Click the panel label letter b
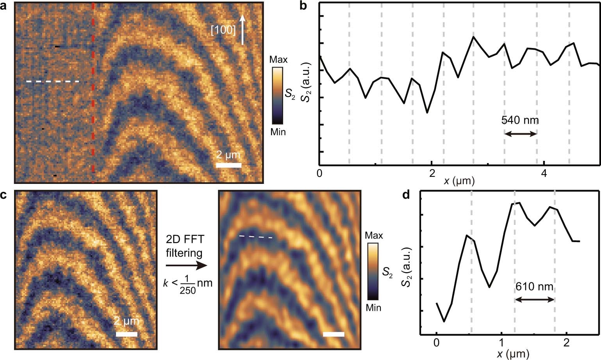coord(305,6)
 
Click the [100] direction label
coord(223,30)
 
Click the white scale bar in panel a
coord(228,165)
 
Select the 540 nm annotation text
coord(520,120)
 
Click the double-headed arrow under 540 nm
coord(520,134)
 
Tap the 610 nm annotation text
coord(534,287)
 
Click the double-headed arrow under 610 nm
coord(534,300)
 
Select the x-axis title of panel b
coord(459,181)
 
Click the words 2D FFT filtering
coord(184,246)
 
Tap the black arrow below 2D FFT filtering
coord(186,266)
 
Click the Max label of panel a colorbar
coord(278,60)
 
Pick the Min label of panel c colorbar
coord(373,308)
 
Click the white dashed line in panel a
coord(53,82)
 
